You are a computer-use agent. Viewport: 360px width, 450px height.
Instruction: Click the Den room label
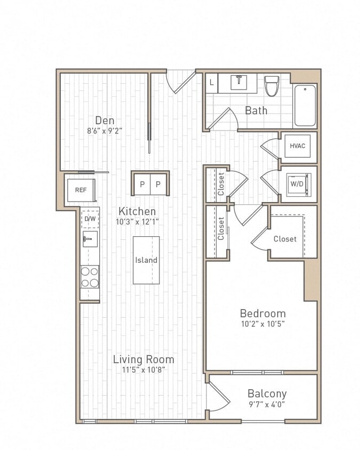[x=105, y=120]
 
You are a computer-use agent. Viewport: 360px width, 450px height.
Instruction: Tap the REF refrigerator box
[x=81, y=190]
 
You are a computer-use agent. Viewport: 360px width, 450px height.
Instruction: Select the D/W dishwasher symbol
[x=90, y=219]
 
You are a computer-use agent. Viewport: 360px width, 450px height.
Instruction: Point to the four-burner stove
[x=90, y=276]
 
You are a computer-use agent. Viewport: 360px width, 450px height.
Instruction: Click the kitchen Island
[x=146, y=260]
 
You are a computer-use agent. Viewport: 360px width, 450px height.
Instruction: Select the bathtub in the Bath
[x=305, y=105]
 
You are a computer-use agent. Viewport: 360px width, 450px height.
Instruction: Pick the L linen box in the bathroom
[x=212, y=83]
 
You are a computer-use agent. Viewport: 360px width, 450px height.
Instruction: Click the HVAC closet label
[x=298, y=146]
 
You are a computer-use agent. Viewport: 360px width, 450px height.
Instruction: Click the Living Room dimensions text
[x=143, y=369]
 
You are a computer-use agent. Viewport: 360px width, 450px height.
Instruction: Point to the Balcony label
[x=267, y=393]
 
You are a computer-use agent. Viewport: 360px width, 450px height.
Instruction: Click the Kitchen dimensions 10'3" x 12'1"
[x=137, y=221]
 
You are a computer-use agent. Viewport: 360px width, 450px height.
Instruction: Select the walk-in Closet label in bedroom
[x=285, y=239]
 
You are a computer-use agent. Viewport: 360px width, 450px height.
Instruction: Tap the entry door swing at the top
[x=180, y=81]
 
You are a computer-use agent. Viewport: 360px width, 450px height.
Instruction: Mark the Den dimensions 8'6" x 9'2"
[x=105, y=130]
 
